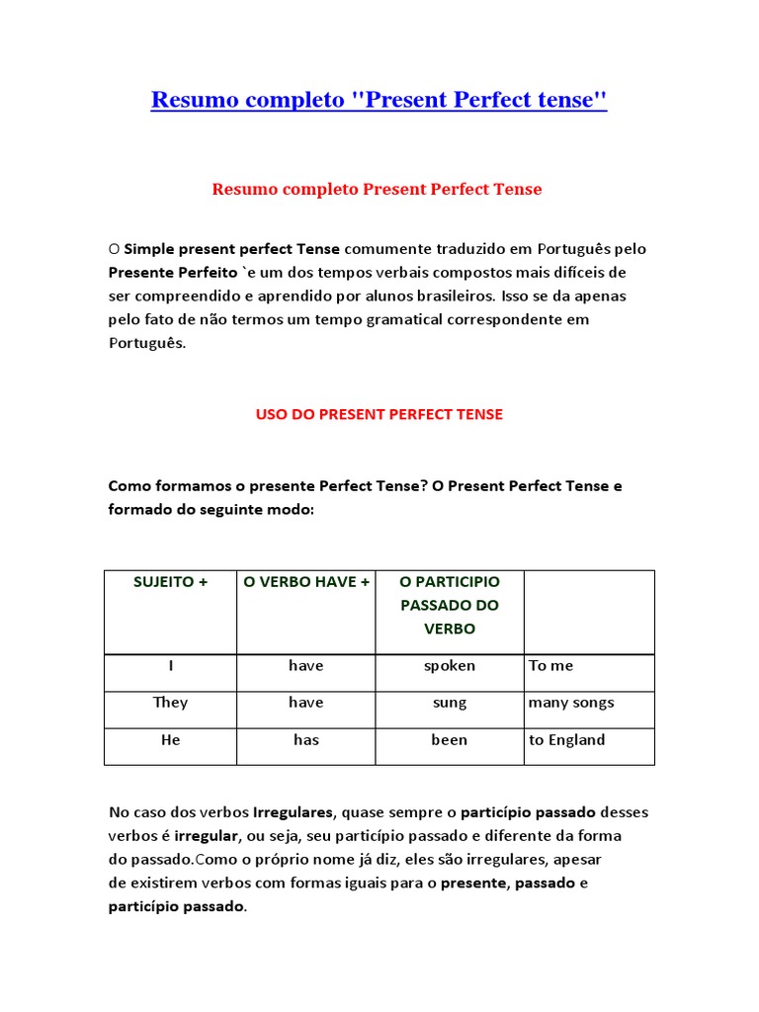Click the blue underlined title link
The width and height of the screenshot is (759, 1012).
pos(379,100)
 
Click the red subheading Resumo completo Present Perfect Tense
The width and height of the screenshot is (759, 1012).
pos(377,189)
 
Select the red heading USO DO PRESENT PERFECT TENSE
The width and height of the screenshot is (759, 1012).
pos(379,414)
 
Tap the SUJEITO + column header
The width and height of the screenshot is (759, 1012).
pos(170,582)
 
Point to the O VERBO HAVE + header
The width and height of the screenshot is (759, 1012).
pos(306,582)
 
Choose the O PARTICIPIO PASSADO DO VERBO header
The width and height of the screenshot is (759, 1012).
pos(450,605)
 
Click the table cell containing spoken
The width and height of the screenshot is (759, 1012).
pos(450,666)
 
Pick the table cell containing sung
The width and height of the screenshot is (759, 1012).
pos(450,703)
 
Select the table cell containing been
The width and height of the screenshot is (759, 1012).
pos(450,740)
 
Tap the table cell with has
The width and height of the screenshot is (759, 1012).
pos(306,740)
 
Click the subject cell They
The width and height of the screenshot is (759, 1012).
pos(170,703)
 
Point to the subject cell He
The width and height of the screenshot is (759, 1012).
pos(170,740)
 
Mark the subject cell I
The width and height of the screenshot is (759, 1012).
pos(170,666)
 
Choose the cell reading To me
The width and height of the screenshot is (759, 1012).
pos(551,666)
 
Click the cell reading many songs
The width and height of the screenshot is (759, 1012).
pos(571,703)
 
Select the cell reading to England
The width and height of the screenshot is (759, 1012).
pos(567,740)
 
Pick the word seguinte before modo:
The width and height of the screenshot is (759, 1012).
pos(237,509)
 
